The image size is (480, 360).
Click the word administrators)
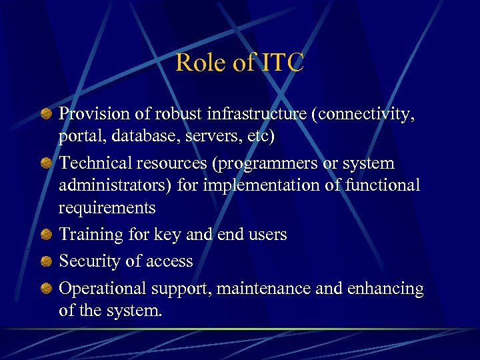[x=115, y=185]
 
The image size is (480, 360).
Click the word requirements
[x=107, y=208]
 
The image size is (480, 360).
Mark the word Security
[x=89, y=262]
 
